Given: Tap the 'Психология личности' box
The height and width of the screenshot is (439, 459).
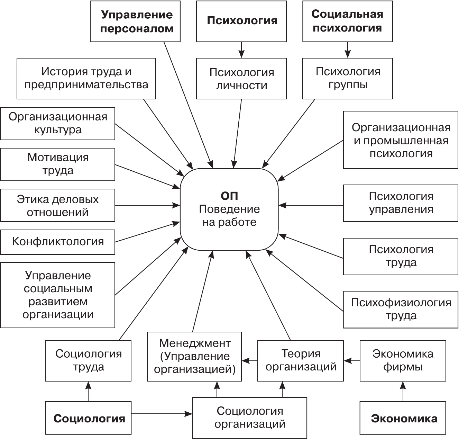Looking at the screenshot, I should (241, 79).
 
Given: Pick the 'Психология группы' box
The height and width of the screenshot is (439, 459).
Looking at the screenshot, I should (348, 78).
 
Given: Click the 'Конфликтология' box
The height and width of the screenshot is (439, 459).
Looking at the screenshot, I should (58, 242).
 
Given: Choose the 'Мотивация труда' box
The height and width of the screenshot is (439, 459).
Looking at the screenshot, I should (58, 164).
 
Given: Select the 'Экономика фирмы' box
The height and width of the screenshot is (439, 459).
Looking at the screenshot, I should (403, 360).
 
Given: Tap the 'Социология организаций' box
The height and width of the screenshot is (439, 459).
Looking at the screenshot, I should (250, 418).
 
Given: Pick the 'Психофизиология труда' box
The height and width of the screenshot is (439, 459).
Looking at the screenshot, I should (401, 309).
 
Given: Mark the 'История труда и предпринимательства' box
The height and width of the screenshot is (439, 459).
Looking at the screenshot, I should (86, 78).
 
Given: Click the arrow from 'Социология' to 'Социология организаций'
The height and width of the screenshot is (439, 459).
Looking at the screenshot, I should (162, 413).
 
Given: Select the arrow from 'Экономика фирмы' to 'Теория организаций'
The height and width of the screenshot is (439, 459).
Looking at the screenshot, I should (352, 361).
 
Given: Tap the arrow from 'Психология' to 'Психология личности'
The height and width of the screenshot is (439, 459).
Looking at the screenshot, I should (241, 50).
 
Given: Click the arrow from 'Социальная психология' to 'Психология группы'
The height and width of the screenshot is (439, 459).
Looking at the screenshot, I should (348, 50).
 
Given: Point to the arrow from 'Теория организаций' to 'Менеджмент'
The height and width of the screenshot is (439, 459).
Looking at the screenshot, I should (249, 361).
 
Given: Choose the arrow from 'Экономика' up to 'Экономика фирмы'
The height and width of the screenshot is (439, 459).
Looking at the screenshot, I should (403, 391).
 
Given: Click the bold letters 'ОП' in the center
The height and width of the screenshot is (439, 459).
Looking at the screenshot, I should (229, 196).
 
